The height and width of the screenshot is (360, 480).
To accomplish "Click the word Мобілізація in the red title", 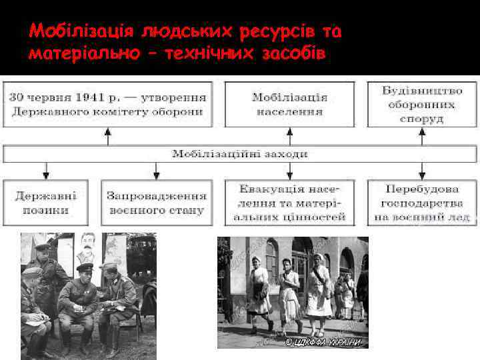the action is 74,31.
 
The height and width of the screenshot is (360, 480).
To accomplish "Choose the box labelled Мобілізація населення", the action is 289,104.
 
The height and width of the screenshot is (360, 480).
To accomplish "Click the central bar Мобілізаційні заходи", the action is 240,154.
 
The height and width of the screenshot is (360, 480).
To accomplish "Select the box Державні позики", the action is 46,203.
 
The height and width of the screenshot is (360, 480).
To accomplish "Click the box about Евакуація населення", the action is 289,203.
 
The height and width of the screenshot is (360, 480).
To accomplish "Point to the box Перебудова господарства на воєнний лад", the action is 421,203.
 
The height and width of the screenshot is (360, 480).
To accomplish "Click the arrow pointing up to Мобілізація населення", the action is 289,136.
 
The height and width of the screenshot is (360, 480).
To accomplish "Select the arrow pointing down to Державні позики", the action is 46,171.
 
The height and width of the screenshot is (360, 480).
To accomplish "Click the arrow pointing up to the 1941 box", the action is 108,136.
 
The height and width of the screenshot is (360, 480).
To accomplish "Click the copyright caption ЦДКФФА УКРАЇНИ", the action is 324,342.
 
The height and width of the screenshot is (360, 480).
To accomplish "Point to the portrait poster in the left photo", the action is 86,247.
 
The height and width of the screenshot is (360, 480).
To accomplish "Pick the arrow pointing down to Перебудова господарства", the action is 421,171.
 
